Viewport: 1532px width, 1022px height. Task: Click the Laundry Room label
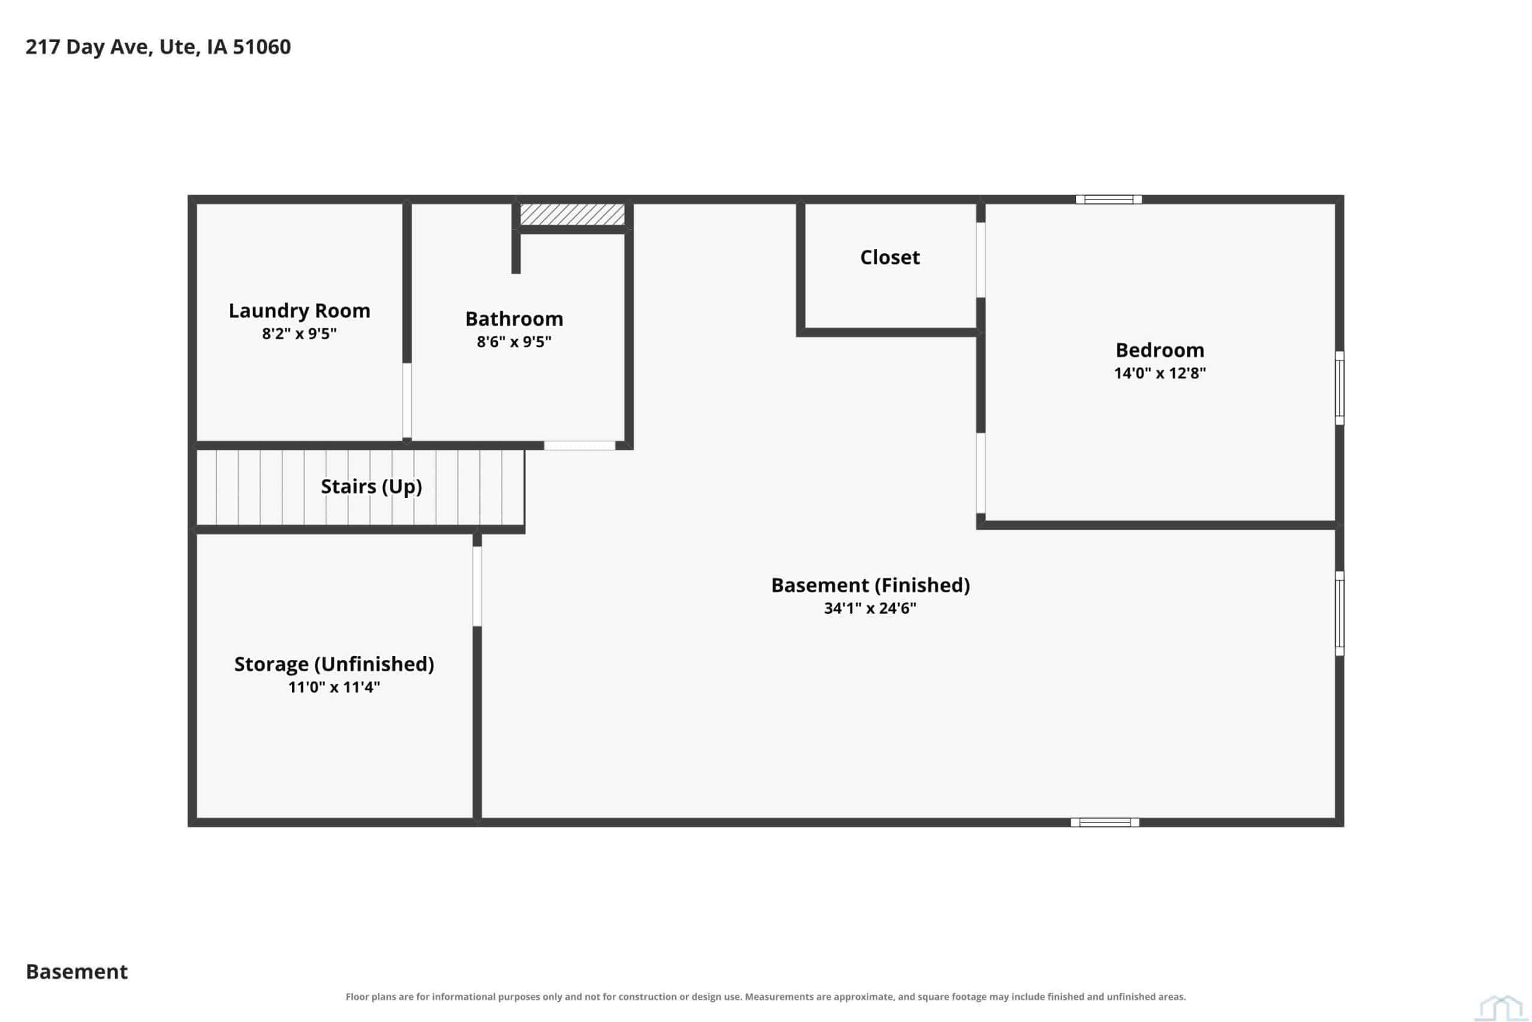[299, 311]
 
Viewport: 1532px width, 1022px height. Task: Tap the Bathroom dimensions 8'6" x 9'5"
[514, 341]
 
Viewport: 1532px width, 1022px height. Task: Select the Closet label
[890, 257]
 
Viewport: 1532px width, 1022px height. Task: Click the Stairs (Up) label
[371, 487]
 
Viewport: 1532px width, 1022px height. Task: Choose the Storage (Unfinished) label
[334, 664]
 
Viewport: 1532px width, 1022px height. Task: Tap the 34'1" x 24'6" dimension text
[870, 608]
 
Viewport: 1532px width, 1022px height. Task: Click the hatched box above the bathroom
[572, 214]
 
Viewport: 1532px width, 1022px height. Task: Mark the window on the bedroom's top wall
[1109, 199]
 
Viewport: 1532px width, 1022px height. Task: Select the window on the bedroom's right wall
[1340, 389]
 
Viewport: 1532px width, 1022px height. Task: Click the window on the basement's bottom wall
[1105, 823]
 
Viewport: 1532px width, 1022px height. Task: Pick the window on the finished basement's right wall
[1340, 613]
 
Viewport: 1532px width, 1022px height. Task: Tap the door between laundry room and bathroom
[406, 400]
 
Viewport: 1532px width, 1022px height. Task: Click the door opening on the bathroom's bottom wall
[580, 446]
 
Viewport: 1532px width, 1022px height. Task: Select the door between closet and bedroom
[980, 260]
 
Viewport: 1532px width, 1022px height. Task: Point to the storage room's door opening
[477, 587]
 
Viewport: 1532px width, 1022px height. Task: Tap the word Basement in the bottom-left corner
[77, 972]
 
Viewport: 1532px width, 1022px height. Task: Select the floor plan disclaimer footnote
[765, 997]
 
